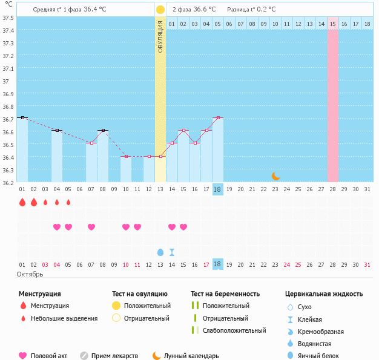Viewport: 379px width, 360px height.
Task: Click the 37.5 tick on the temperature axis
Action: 8,18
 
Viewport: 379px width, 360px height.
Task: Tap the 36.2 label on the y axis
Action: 8,182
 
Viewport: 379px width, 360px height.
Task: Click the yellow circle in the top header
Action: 160,10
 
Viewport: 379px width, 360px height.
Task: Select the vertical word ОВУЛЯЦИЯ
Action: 160,36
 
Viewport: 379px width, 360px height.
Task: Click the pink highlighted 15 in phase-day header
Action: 333,24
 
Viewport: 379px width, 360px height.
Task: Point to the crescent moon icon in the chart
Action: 275,176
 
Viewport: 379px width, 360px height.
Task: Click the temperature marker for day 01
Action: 22,117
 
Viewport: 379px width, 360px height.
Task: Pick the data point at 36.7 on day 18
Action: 218,117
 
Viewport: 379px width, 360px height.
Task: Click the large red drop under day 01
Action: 22,203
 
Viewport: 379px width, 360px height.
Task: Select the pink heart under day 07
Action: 91,227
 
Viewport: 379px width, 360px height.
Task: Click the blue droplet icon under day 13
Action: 160,252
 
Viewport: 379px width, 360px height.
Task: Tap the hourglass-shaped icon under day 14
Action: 172,252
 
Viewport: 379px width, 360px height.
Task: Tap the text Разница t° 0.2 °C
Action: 251,10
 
